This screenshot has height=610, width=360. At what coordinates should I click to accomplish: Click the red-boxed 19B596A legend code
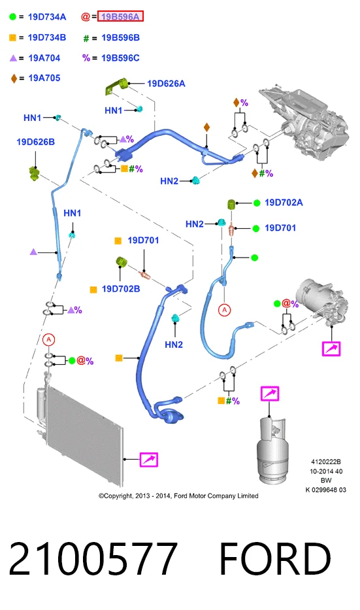pos(120,16)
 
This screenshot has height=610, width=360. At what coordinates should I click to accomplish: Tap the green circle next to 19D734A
pos(13,17)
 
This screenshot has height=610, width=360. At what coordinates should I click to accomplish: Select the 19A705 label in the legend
pos(44,78)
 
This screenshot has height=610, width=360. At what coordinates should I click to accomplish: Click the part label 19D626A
pos(166,83)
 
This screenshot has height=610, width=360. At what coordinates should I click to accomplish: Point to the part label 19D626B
pos(35,142)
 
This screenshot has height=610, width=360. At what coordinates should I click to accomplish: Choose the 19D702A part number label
pos(284,202)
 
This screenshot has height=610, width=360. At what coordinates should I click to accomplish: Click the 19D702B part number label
pos(121,289)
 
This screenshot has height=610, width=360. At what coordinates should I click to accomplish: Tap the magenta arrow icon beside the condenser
pos(148,460)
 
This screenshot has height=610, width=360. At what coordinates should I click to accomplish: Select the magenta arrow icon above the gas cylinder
pos(270,394)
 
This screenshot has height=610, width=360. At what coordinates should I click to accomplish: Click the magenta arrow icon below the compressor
pos(331,348)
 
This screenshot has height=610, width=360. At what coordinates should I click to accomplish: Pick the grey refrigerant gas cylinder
pos(271,450)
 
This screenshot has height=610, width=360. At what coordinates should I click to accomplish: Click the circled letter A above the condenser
pos(48,339)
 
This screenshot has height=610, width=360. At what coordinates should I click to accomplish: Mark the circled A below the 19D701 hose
pos(224,310)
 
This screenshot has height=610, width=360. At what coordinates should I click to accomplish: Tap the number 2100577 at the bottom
pos(93,558)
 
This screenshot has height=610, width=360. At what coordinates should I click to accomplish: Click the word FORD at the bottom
pos(275,558)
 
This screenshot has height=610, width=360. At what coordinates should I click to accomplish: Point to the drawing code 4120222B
pos(326,462)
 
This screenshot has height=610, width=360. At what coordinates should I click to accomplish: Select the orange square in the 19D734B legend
pos(13,38)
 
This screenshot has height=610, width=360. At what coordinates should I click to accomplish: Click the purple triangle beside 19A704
pos(13,58)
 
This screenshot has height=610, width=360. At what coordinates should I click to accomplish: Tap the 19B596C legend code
pos(120,58)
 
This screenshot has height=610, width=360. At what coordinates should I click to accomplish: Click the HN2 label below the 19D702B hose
pos(174,345)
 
